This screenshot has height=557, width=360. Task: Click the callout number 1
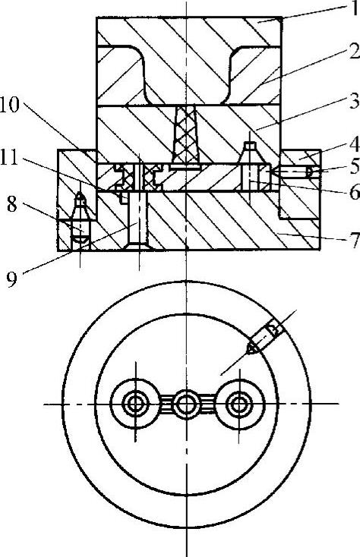[354, 9]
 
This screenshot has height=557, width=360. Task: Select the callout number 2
[354, 52]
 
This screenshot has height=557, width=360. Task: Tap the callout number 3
[354, 101]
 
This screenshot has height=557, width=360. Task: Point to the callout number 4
[354, 145]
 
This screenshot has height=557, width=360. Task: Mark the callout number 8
[12, 205]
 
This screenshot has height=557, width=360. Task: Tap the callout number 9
[12, 279]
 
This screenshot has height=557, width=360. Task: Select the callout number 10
[10, 105]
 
